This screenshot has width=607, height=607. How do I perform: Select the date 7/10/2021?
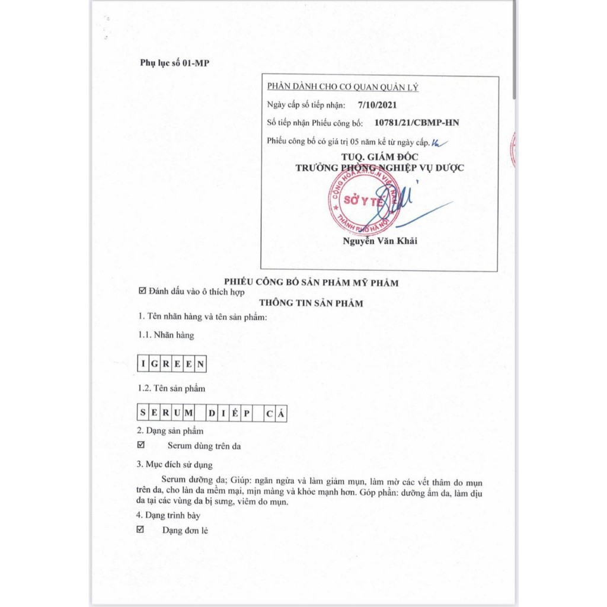pyautogui.click(x=378, y=105)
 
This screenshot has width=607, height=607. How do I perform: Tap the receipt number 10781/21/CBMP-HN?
pyautogui.click(x=417, y=123)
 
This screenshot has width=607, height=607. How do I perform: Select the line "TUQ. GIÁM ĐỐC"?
pyautogui.click(x=379, y=156)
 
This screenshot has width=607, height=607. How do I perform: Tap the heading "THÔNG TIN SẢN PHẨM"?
pyautogui.click(x=311, y=303)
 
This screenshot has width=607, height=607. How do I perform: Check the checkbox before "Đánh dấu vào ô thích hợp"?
pyautogui.click(x=142, y=291)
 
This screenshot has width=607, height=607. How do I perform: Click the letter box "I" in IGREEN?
pyautogui.click(x=143, y=364)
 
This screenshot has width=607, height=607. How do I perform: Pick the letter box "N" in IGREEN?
pyautogui.click(x=200, y=364)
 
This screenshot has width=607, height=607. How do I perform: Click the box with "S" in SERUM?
pyautogui.click(x=143, y=413)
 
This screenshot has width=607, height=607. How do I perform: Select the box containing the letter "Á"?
pyautogui.click(x=281, y=413)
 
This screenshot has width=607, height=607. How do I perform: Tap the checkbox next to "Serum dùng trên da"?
pyautogui.click(x=141, y=445)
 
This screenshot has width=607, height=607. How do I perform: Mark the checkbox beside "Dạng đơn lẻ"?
pyautogui.click(x=141, y=529)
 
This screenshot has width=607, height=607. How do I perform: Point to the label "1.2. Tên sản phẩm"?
pyautogui.click(x=171, y=388)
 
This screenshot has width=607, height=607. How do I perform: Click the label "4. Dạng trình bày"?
pyautogui.click(x=168, y=515)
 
